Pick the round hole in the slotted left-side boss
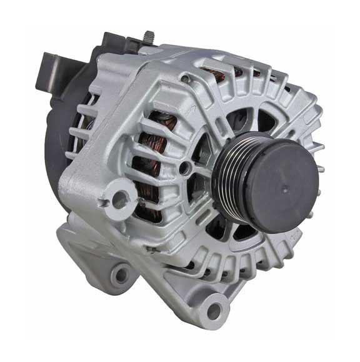point(116,198)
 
